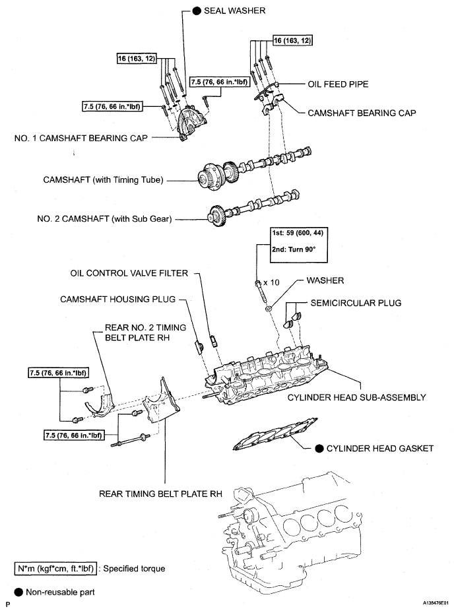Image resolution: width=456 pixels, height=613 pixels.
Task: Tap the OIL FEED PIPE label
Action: pos(338,84)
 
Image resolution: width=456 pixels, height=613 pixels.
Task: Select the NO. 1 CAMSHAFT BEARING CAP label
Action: pos(81,139)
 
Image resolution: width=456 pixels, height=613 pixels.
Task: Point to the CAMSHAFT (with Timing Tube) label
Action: pos(102,179)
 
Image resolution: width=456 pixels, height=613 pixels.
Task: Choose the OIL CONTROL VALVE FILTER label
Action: pos(129,273)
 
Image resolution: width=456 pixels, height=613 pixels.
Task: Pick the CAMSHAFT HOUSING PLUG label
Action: pos(117,299)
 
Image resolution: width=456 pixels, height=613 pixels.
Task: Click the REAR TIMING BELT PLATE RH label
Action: pos(160,492)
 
